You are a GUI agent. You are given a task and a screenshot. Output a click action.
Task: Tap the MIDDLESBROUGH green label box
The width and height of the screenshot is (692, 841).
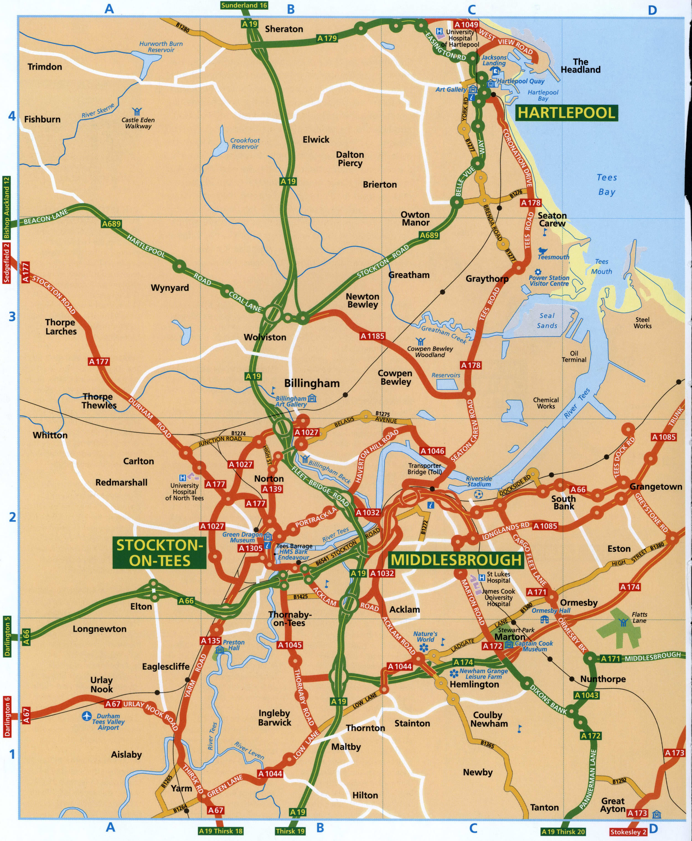coord(456,560)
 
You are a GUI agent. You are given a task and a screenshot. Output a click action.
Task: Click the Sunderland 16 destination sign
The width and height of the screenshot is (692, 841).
coord(244,5)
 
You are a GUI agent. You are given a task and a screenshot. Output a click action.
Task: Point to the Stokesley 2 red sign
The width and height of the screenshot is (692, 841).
coord(628,832)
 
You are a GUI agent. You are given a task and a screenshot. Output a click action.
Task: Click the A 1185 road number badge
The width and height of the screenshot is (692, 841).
coord(372,336)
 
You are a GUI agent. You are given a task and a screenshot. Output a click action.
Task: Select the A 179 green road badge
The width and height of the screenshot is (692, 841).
coord(327,38)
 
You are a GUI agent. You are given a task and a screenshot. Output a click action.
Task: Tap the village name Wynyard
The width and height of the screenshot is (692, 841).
coord(170,287)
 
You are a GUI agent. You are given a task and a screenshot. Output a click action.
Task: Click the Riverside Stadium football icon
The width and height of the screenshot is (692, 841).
coord(479,495)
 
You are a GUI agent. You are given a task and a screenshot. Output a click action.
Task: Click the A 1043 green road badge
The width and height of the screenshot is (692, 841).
coord(586,695)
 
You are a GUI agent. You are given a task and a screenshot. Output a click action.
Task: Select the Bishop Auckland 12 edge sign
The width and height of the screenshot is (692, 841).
coord(6,207)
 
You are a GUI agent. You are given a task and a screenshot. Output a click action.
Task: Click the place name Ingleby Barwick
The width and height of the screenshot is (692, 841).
coord(275,718)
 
